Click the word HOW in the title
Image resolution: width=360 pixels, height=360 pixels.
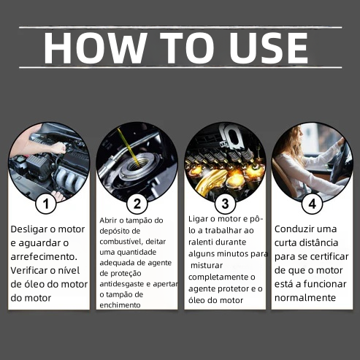point(95,47)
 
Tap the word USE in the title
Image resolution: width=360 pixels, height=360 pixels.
point(269,47)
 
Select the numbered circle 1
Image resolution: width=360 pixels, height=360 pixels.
point(46,204)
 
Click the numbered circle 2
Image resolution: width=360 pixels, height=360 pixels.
point(137,204)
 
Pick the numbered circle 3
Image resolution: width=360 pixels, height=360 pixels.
point(225,204)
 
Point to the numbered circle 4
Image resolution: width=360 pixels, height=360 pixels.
point(313,204)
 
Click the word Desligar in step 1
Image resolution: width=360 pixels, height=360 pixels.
point(29,230)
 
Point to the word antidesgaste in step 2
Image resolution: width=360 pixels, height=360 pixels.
point(125,284)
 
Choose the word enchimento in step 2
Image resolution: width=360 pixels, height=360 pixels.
point(120,305)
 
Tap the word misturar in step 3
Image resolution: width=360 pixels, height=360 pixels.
point(207,265)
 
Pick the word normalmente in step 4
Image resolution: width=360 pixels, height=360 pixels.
point(305,298)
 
